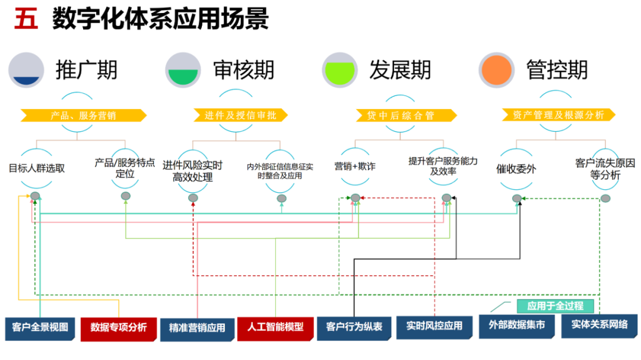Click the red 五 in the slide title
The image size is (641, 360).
pyautogui.click(x=26, y=20)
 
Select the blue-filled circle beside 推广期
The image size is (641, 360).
pyautogui.click(x=26, y=70)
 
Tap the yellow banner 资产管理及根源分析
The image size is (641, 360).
pyautogui.click(x=557, y=115)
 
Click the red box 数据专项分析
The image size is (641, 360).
pyautogui.click(x=119, y=327)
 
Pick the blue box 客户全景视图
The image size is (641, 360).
pyautogui.click(x=40, y=327)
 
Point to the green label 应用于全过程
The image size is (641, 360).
pyautogui.click(x=555, y=306)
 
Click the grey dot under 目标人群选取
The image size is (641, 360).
pyautogui.click(x=35, y=196)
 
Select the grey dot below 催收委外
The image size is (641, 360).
pyautogui.click(x=517, y=198)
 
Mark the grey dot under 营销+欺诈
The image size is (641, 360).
pyautogui.click(x=355, y=197)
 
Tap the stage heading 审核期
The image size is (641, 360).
pyautogui.click(x=244, y=70)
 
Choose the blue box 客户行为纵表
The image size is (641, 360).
pyautogui.click(x=354, y=327)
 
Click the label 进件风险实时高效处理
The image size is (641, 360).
pyautogui.click(x=193, y=171)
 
